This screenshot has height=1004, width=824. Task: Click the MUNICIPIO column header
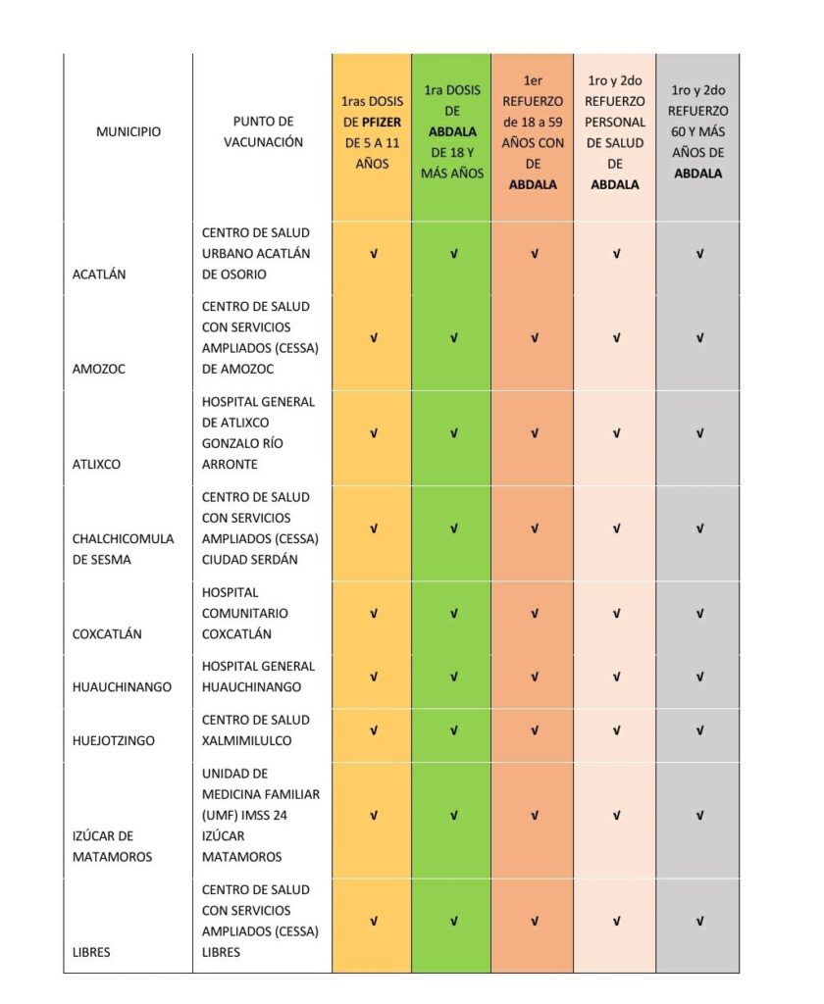(x=128, y=131)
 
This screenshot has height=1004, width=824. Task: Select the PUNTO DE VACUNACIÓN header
(x=262, y=131)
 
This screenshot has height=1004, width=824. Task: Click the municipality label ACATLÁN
(x=99, y=275)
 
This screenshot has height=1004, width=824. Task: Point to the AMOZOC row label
(x=98, y=370)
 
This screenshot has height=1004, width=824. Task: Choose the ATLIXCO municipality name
(x=96, y=465)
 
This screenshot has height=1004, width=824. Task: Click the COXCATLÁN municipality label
(x=107, y=634)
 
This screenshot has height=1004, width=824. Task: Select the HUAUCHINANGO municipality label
(x=122, y=687)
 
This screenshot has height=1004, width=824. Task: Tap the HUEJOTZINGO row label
(x=113, y=741)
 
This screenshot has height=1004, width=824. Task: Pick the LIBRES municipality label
(x=92, y=952)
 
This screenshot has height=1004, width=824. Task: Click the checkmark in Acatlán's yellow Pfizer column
(x=373, y=254)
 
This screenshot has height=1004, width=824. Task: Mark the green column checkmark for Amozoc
(x=453, y=338)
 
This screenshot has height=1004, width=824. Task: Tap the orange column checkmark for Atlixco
(x=535, y=433)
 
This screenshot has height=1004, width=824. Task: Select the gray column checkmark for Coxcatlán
(x=699, y=614)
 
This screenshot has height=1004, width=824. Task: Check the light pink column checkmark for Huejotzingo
(x=616, y=730)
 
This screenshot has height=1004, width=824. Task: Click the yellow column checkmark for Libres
(x=373, y=922)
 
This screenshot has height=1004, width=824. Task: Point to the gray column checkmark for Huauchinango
(x=699, y=677)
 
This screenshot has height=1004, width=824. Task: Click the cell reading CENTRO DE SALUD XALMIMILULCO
(x=256, y=730)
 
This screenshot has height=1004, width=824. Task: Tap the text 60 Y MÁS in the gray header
(x=698, y=132)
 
